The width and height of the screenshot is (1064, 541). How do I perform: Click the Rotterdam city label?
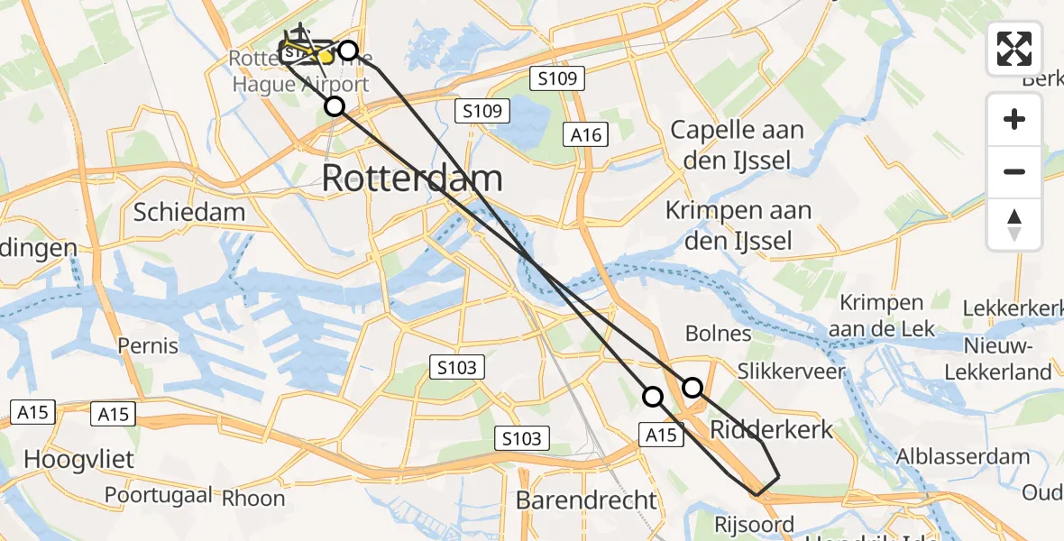pyautogui.click(x=411, y=178)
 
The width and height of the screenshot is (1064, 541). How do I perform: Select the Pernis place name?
pyautogui.click(x=148, y=345)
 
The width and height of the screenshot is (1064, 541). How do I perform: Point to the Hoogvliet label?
pyautogui.click(x=78, y=459)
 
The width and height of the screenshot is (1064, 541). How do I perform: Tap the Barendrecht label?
pyautogui.click(x=587, y=500)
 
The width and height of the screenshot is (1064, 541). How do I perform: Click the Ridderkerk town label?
pyautogui.click(x=772, y=428)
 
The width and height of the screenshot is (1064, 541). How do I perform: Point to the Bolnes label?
pyautogui.click(x=718, y=333)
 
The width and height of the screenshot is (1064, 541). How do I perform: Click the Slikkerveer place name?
pyautogui.click(x=791, y=371)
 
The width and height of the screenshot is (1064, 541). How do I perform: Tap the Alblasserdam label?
pyautogui.click(x=963, y=456)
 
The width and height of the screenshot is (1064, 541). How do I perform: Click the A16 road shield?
pyautogui.click(x=585, y=134)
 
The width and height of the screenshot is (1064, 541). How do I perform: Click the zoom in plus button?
pyautogui.click(x=1014, y=119)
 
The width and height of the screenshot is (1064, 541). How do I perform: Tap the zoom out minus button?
pyautogui.click(x=1014, y=171)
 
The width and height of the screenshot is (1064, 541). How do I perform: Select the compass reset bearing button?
pyautogui.click(x=1014, y=224)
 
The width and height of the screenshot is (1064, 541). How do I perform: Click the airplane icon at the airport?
pyautogui.click(x=301, y=34)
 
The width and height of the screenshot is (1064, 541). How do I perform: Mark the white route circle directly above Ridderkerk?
pyautogui.click(x=693, y=388)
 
